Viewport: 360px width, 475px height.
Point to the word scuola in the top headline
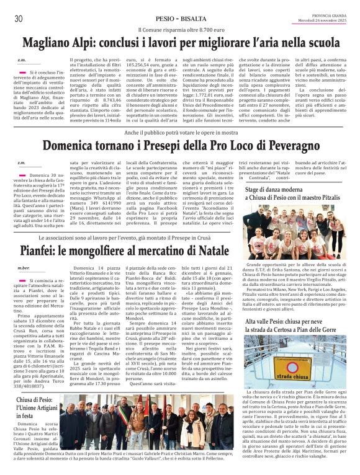318,43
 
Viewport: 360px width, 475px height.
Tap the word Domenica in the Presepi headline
73,146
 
